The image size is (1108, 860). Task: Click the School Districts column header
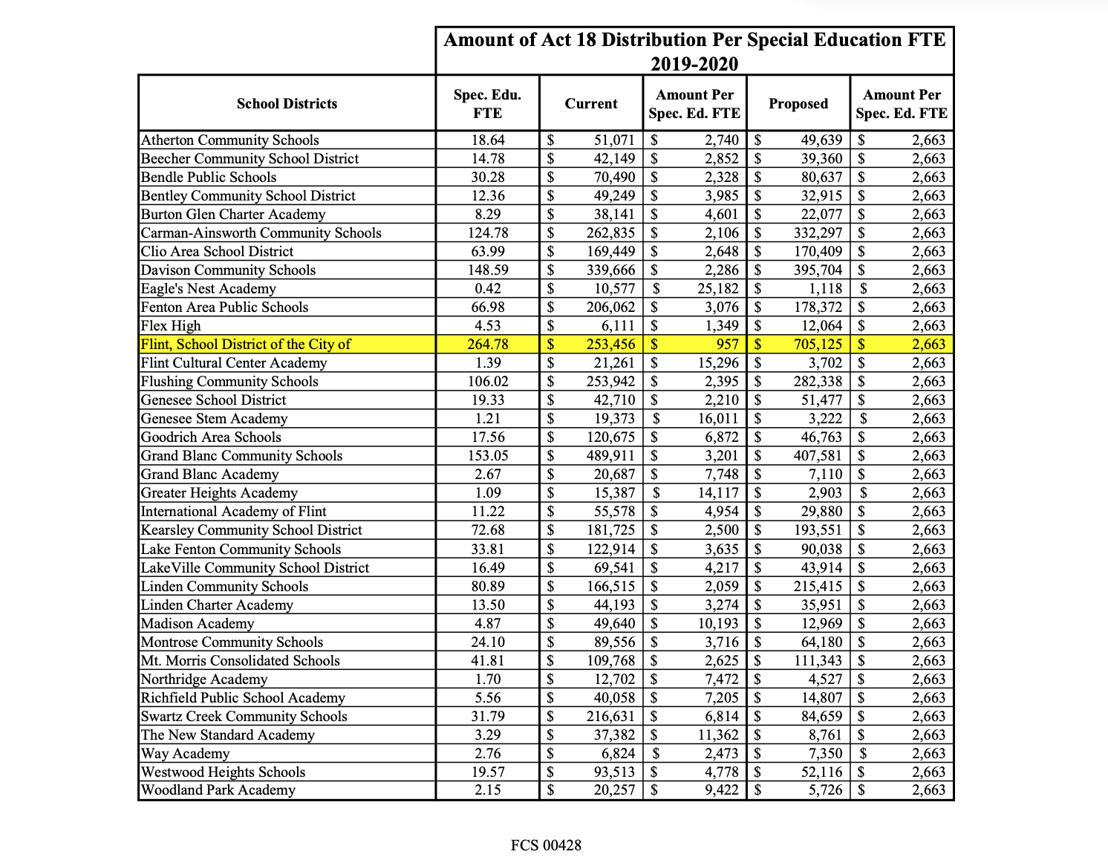tap(287, 104)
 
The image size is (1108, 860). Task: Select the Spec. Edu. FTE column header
tap(487, 104)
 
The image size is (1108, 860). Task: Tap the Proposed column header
tap(798, 104)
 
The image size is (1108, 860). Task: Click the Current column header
tap(591, 104)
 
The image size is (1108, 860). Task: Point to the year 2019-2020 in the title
tap(694, 64)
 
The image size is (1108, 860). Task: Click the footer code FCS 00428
tap(546, 845)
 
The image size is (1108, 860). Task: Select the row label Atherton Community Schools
tap(230, 140)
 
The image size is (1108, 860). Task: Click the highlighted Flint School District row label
tap(246, 345)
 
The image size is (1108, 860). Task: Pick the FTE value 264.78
tap(487, 345)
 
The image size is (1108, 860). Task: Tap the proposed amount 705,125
tap(815, 345)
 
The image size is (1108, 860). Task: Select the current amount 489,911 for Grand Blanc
tap(610, 456)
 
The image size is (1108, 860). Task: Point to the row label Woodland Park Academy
tap(218, 790)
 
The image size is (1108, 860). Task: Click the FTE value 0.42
tap(487, 289)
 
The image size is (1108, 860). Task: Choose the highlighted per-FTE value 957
tap(728, 345)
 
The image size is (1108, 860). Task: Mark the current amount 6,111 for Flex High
tap(617, 326)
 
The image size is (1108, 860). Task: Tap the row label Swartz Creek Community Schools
tap(244, 717)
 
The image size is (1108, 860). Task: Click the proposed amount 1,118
tap(825, 289)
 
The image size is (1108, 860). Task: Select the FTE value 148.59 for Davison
tap(487, 270)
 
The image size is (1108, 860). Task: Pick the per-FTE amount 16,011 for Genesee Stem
tap(718, 419)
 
